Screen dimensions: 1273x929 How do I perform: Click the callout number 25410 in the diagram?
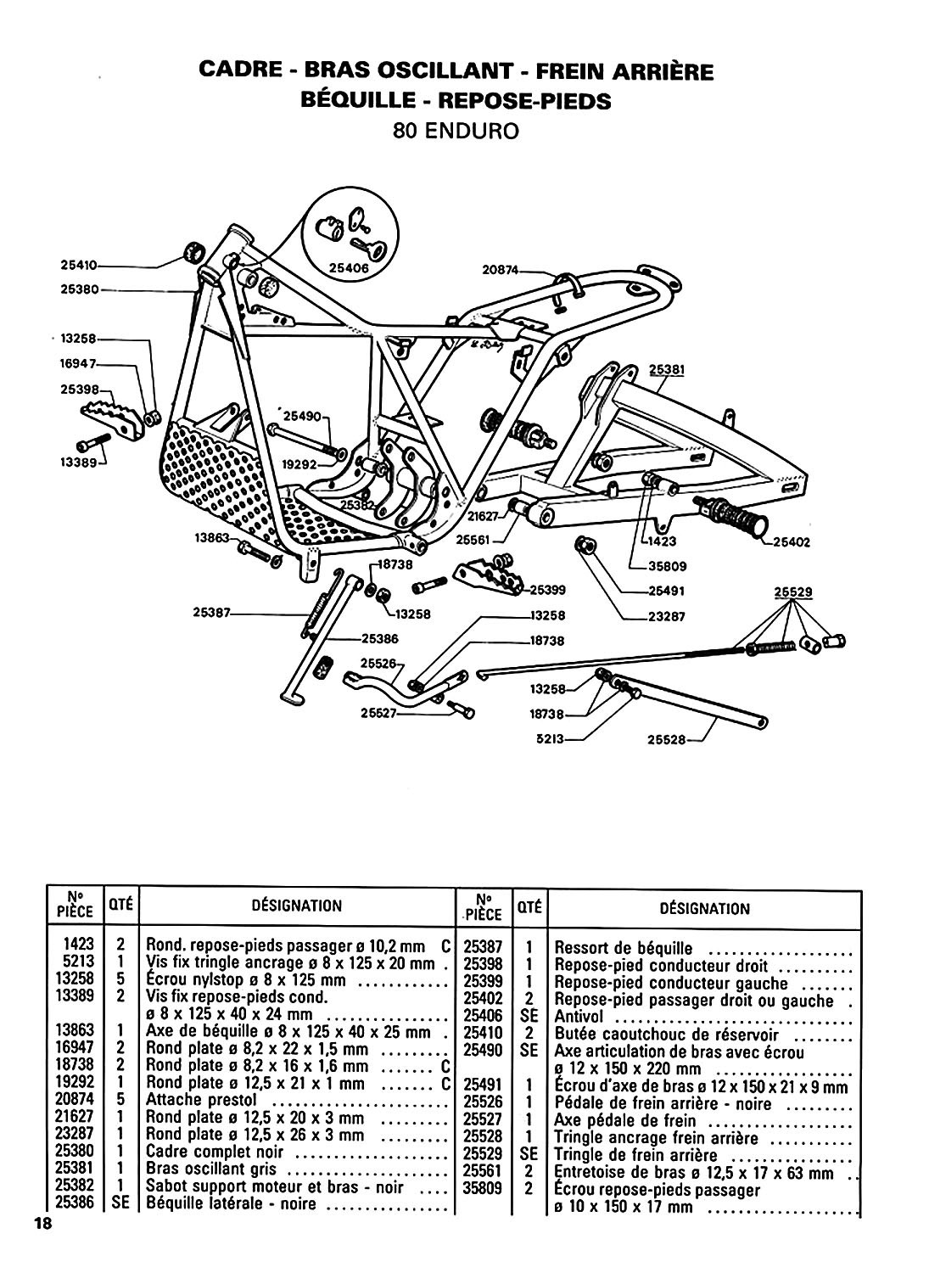click(x=79, y=263)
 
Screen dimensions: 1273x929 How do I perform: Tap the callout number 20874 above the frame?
click(x=500, y=271)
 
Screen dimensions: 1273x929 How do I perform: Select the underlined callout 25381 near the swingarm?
click(x=667, y=370)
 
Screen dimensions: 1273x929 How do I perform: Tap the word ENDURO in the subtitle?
click(x=481, y=132)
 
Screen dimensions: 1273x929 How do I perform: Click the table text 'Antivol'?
click(x=580, y=1017)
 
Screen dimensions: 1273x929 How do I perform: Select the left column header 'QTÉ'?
click(x=120, y=906)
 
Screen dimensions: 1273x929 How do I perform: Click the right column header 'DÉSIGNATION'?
click(x=704, y=908)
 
